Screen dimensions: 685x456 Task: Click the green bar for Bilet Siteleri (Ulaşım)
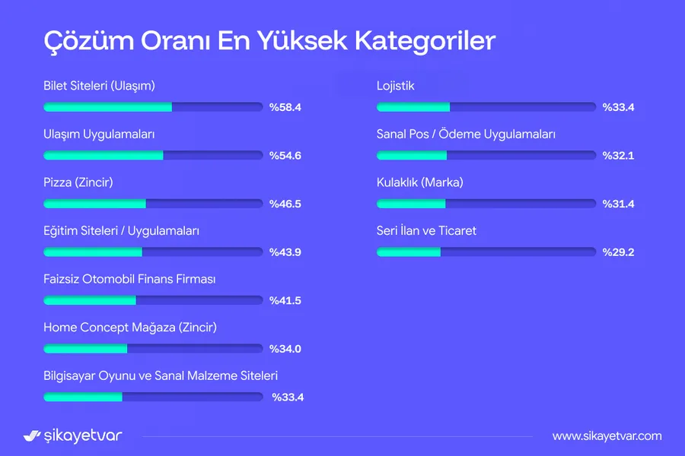[x=108, y=107]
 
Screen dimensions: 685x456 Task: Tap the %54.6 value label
[x=285, y=155]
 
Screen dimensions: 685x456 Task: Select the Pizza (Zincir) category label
[x=78, y=182]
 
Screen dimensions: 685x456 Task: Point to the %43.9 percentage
[x=285, y=252]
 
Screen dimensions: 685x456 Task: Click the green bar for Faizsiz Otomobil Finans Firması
[x=90, y=300]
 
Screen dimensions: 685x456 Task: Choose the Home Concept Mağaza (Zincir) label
[x=130, y=328]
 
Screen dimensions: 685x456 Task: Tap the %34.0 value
[x=285, y=349]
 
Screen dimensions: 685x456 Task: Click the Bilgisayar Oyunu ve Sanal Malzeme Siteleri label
[x=161, y=375]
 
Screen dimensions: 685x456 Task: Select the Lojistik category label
[x=395, y=86]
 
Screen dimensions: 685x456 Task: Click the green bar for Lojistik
[x=413, y=107]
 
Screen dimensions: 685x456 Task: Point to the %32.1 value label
[x=618, y=155]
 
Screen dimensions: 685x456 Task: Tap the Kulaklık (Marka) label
[x=420, y=182]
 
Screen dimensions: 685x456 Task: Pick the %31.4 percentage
[x=618, y=204]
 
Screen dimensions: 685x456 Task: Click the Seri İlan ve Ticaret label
[x=426, y=230]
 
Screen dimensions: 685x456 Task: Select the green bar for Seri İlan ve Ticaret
[x=409, y=252]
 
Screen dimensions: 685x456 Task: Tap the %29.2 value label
[x=618, y=252]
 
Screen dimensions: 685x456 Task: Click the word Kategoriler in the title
[x=425, y=41]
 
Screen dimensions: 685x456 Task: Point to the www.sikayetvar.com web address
[x=607, y=436]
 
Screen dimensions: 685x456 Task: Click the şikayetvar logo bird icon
[x=32, y=435]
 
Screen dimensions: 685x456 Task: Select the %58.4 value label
[x=285, y=107]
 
